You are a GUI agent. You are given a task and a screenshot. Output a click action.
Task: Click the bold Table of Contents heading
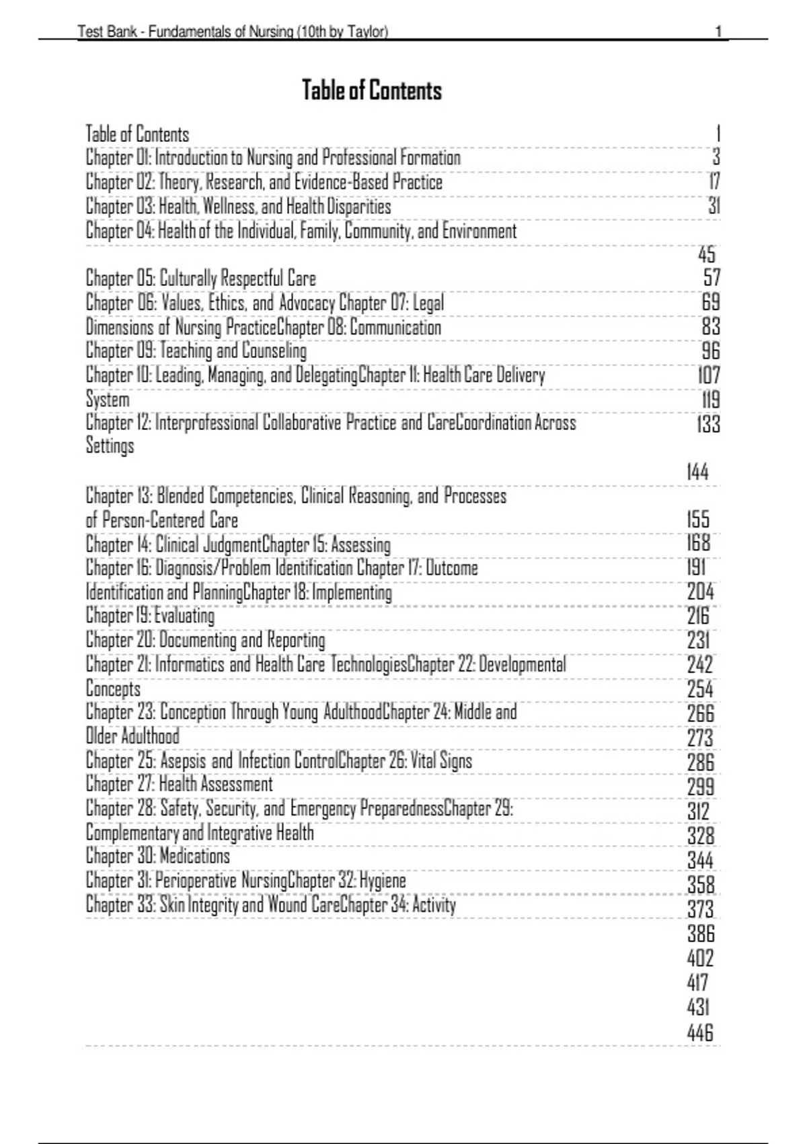372,90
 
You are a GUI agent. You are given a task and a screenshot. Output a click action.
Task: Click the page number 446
699,1032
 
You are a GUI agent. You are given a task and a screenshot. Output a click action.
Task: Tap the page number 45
707,254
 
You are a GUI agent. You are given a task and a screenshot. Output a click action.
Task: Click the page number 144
697,472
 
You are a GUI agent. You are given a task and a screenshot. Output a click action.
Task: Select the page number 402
700,958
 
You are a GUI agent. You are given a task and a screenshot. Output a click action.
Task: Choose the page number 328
700,836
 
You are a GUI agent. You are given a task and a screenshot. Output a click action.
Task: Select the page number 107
709,376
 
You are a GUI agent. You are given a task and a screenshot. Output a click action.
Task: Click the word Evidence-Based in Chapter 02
341,182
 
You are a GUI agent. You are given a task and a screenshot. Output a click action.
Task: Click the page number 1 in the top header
718,32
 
